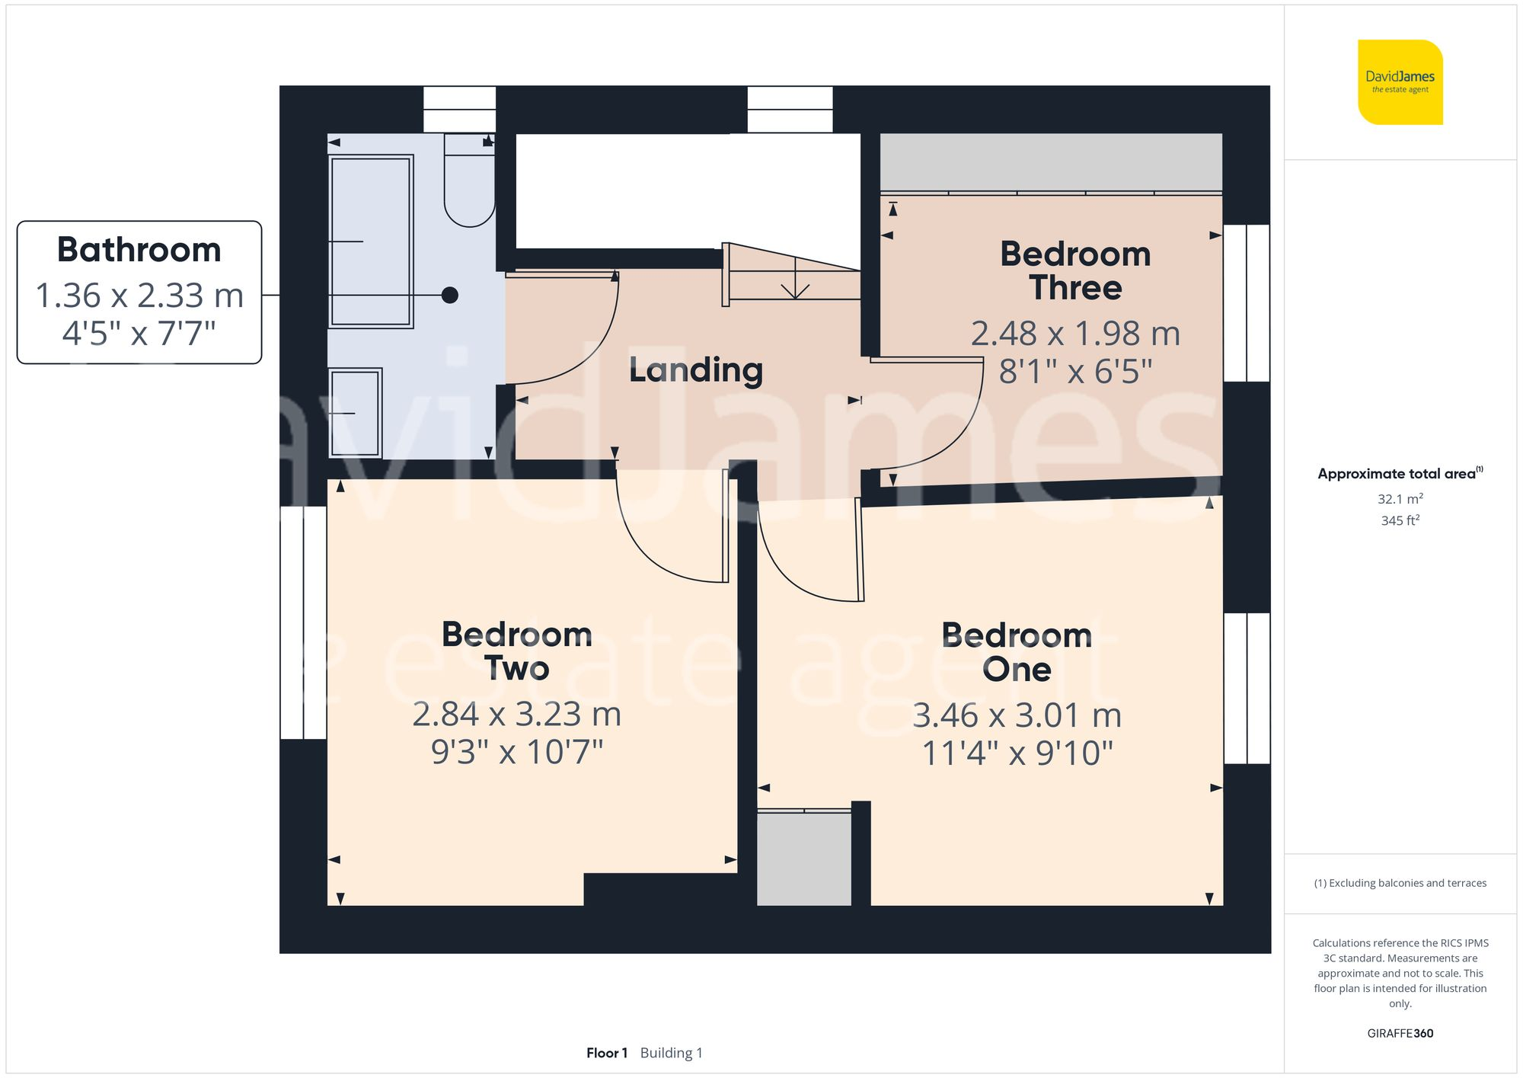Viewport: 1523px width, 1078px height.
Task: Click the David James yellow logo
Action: [x=1400, y=82]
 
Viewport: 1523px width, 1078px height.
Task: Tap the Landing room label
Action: [x=695, y=370]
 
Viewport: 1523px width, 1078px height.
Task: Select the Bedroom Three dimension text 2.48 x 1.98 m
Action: [x=1074, y=334]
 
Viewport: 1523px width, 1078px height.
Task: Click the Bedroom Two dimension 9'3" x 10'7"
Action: [x=516, y=752]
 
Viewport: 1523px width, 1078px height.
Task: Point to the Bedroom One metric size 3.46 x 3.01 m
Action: [x=1017, y=715]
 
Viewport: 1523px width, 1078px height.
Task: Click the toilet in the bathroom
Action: [x=469, y=183]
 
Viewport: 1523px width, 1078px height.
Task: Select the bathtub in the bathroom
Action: [x=371, y=241]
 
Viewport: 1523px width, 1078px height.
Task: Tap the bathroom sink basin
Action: [x=356, y=412]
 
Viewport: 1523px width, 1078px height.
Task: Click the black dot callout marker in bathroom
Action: [x=450, y=295]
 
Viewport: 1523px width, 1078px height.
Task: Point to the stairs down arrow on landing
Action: [x=794, y=282]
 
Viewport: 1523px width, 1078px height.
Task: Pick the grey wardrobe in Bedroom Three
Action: [x=1051, y=162]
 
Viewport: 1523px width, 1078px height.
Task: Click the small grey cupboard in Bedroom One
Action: [x=804, y=859]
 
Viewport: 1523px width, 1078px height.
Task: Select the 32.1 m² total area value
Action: [x=1400, y=499]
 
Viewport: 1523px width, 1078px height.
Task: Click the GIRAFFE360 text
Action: [x=1400, y=1033]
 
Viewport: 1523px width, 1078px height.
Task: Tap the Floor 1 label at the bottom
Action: [x=606, y=1053]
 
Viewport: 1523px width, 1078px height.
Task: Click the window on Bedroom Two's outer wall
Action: [x=304, y=622]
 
